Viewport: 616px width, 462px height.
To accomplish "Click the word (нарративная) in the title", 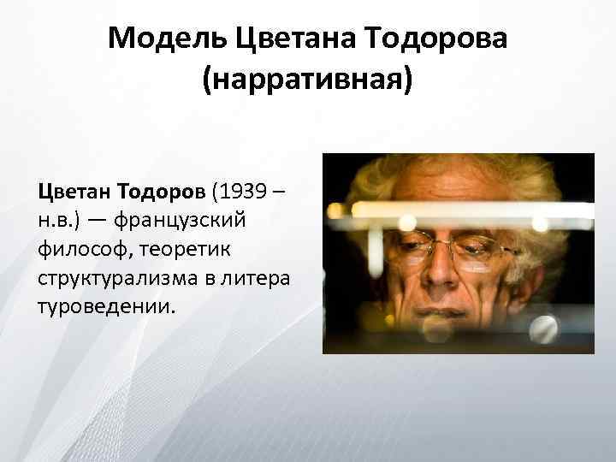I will pyautogui.click(x=307, y=82).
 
